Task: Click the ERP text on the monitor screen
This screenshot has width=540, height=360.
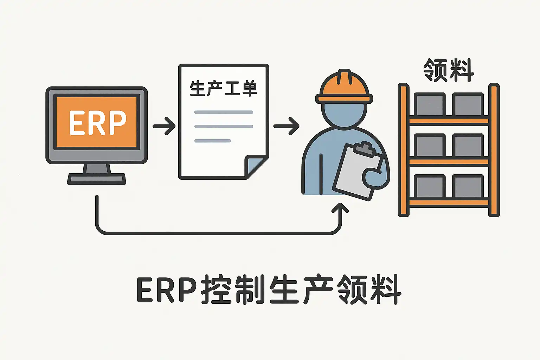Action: (x=97, y=123)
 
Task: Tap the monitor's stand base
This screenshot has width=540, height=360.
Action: (x=96, y=179)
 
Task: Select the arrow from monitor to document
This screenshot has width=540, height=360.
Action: (x=164, y=126)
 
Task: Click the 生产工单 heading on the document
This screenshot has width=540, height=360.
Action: (x=224, y=88)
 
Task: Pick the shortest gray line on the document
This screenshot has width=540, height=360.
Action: (x=213, y=141)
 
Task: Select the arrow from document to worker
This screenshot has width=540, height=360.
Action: (x=286, y=126)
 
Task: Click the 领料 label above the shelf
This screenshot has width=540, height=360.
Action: (x=449, y=70)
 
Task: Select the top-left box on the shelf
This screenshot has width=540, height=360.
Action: (x=430, y=104)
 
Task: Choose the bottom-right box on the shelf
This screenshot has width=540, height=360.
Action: (x=468, y=186)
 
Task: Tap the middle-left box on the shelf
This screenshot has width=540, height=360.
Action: (x=430, y=145)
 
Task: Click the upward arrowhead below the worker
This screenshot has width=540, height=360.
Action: (x=340, y=208)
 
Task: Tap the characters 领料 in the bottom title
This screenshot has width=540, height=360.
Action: (x=369, y=290)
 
